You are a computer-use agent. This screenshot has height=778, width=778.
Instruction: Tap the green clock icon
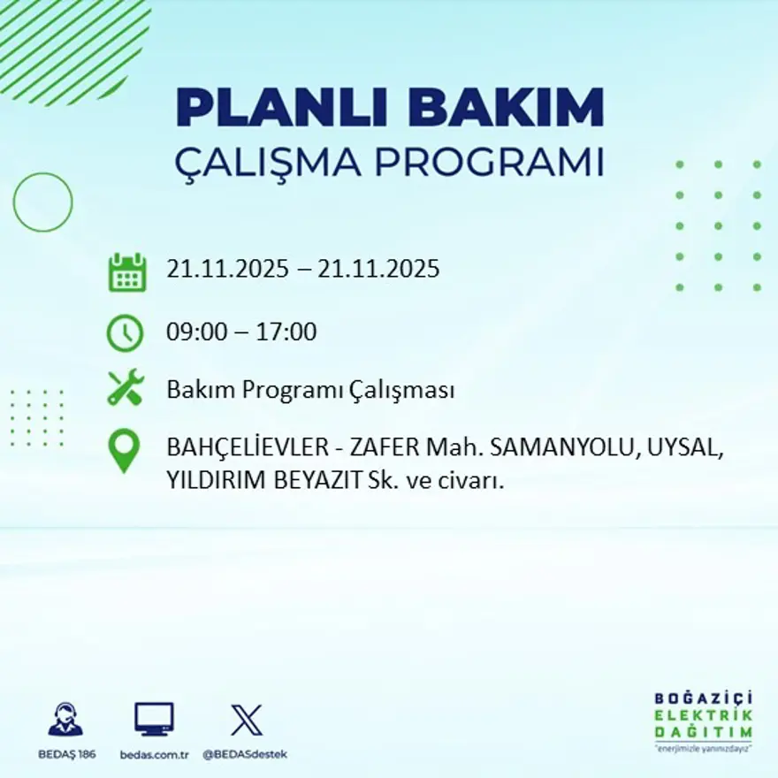(x=125, y=333)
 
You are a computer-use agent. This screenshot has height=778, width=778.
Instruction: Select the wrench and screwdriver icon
(x=125, y=388)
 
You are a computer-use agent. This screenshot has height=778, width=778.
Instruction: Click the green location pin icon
(x=125, y=450)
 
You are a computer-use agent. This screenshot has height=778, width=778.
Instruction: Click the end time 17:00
(x=286, y=333)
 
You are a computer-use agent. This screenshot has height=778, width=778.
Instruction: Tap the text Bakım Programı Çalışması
(x=310, y=390)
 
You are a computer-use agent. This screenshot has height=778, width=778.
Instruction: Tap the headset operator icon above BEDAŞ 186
(x=65, y=719)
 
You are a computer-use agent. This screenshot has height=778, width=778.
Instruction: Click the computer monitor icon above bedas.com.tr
(x=154, y=719)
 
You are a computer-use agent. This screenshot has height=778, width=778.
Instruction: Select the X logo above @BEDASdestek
(x=246, y=719)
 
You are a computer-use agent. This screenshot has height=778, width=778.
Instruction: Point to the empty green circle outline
(x=42, y=202)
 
